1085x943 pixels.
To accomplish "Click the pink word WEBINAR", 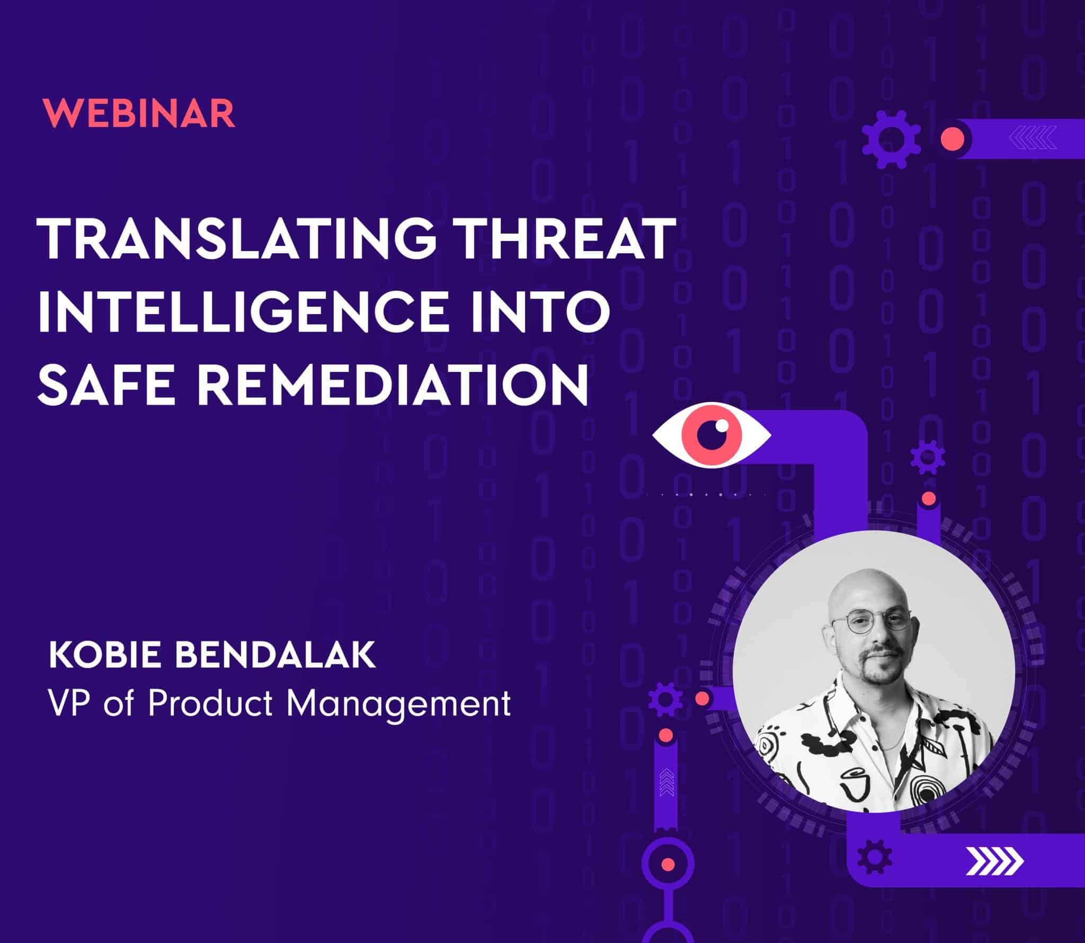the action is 139,113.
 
